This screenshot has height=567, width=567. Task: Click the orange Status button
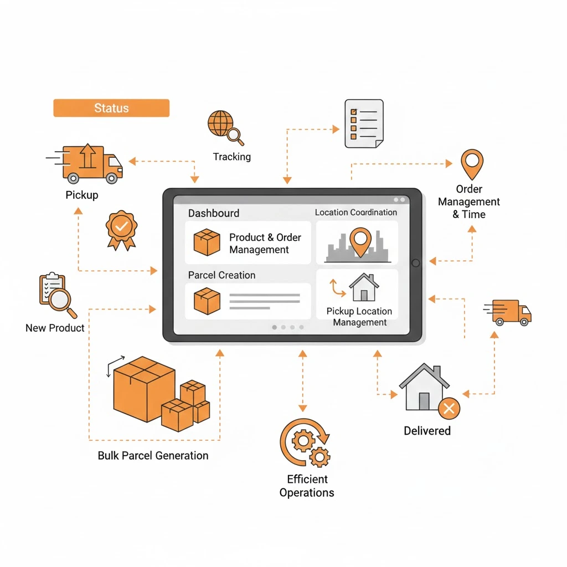[111, 108]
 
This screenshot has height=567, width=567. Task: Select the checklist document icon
[364, 123]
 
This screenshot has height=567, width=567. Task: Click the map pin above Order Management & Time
[472, 163]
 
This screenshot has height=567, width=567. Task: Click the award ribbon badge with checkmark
[121, 228]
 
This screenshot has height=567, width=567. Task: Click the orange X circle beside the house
[449, 409]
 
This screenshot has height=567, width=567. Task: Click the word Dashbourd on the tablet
[214, 213]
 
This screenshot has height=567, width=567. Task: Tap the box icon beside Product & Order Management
[207, 243]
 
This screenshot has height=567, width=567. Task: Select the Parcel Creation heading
[221, 275]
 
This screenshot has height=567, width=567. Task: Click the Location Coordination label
[356, 212]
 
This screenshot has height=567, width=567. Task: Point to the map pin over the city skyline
[360, 241]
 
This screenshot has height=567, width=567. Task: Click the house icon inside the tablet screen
[364, 287]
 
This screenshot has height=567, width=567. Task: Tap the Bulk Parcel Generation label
[153, 456]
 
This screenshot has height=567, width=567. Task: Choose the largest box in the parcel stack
[143, 388]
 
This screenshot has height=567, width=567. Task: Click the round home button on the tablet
[416, 262]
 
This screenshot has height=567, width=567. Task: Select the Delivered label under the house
[427, 431]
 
